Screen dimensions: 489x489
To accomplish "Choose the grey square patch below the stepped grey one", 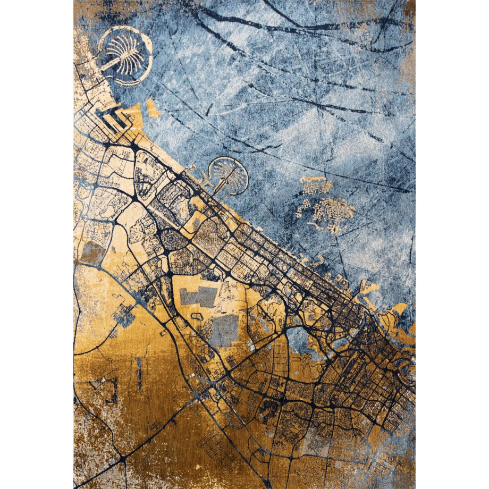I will (x=225, y=329).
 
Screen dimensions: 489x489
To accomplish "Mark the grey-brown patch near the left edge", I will (x=91, y=254).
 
